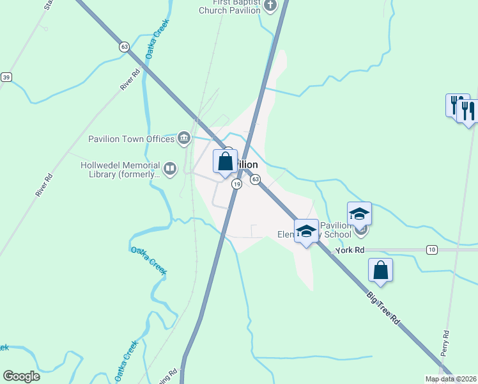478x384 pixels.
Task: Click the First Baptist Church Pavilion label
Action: pos(229,6)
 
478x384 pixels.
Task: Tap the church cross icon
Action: pos(270,6)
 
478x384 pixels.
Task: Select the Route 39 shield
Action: pos(6,77)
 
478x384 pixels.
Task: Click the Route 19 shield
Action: pos(236,184)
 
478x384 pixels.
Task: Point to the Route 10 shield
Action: pos(432,250)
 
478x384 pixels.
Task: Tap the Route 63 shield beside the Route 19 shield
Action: pos(255,179)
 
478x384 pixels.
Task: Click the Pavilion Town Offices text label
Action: pos(131,138)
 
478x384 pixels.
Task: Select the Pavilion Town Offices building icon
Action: pos(184,138)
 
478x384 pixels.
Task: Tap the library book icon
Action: pos(170,169)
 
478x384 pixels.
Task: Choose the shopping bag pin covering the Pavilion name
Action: pos(225,162)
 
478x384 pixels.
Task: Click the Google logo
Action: pos(21,376)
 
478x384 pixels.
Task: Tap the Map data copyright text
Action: pos(451,380)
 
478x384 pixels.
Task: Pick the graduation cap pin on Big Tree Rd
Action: pos(307,232)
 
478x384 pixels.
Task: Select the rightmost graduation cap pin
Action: pos(359,214)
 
